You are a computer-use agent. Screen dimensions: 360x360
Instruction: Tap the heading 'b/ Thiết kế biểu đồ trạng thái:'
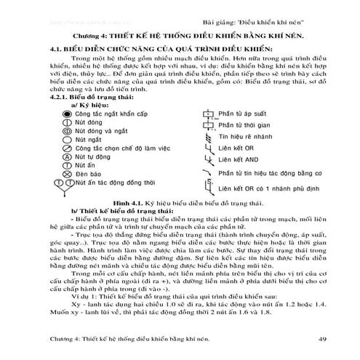117,215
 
